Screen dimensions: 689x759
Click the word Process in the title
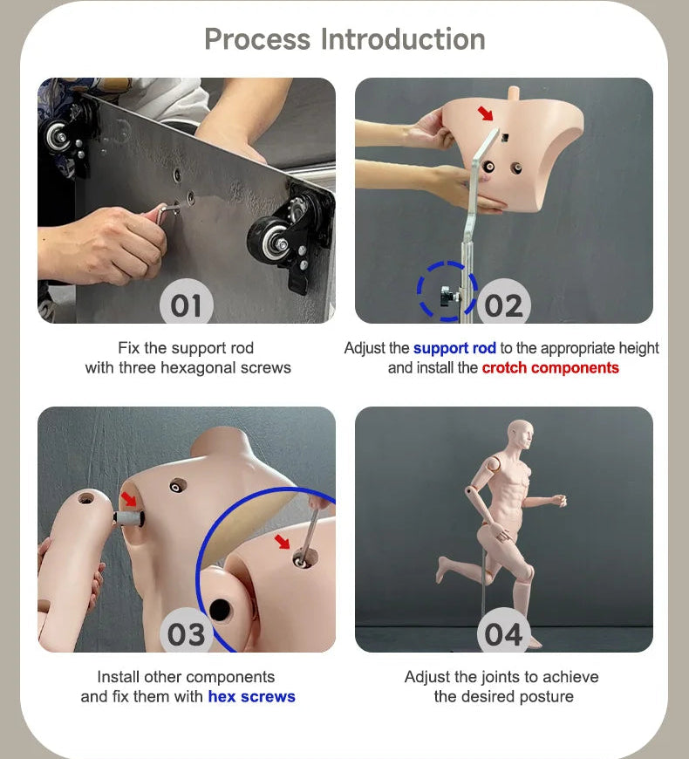[257, 39]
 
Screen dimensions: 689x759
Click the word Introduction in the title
[403, 39]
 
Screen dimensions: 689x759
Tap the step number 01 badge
[187, 303]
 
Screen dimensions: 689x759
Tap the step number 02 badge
[504, 303]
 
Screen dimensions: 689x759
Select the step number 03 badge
[187, 632]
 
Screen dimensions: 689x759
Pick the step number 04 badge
[504, 632]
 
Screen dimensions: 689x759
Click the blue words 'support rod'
[454, 348]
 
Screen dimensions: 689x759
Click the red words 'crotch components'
[550, 368]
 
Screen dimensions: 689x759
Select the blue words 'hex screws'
[251, 696]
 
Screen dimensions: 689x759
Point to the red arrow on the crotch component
[485, 113]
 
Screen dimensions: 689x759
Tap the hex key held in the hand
[166, 213]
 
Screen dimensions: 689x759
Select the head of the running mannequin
[521, 435]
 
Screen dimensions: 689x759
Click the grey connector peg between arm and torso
[129, 518]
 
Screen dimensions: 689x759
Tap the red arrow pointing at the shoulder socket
[129, 498]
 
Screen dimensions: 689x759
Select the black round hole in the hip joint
[221, 611]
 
